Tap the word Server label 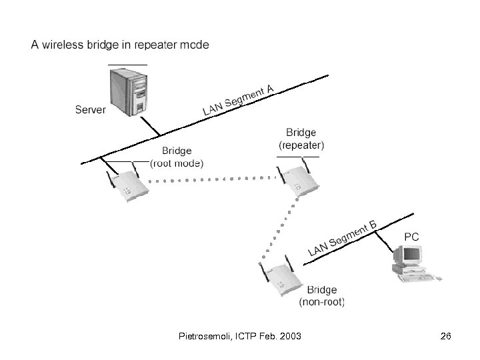tap(90, 109)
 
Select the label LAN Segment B tap(343, 239)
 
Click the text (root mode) tap(177, 163)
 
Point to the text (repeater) tap(301, 144)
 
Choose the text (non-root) tap(322, 302)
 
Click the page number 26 tap(445, 337)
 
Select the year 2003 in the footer tap(289, 337)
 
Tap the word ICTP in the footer tap(246, 337)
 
